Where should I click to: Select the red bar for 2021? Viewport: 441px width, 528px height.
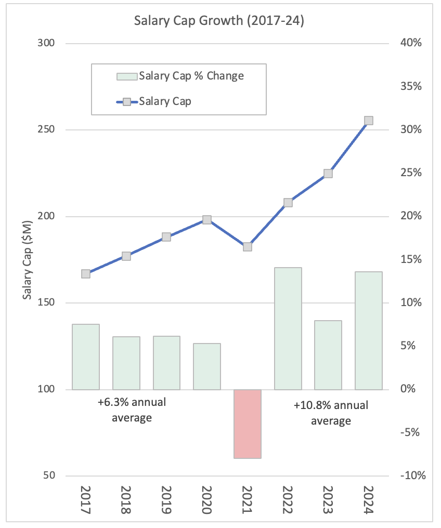[248, 424]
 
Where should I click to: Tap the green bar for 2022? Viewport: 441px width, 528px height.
[288, 328]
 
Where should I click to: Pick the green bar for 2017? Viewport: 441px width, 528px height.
[86, 357]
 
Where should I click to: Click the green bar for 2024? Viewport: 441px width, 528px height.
[369, 331]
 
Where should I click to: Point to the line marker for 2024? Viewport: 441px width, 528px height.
[369, 121]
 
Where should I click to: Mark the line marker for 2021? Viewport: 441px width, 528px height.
[248, 247]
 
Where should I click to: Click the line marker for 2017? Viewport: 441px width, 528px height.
[86, 274]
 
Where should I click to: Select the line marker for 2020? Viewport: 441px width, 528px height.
[207, 220]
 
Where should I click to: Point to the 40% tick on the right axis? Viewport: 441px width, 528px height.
[410, 43]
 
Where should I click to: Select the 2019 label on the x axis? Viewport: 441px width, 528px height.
[166, 500]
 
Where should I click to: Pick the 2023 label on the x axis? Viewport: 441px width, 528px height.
[328, 500]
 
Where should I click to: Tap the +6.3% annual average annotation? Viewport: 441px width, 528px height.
[132, 410]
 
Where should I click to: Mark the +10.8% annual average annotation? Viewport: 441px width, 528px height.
[331, 413]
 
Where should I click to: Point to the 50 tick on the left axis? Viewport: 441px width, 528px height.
[49, 476]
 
